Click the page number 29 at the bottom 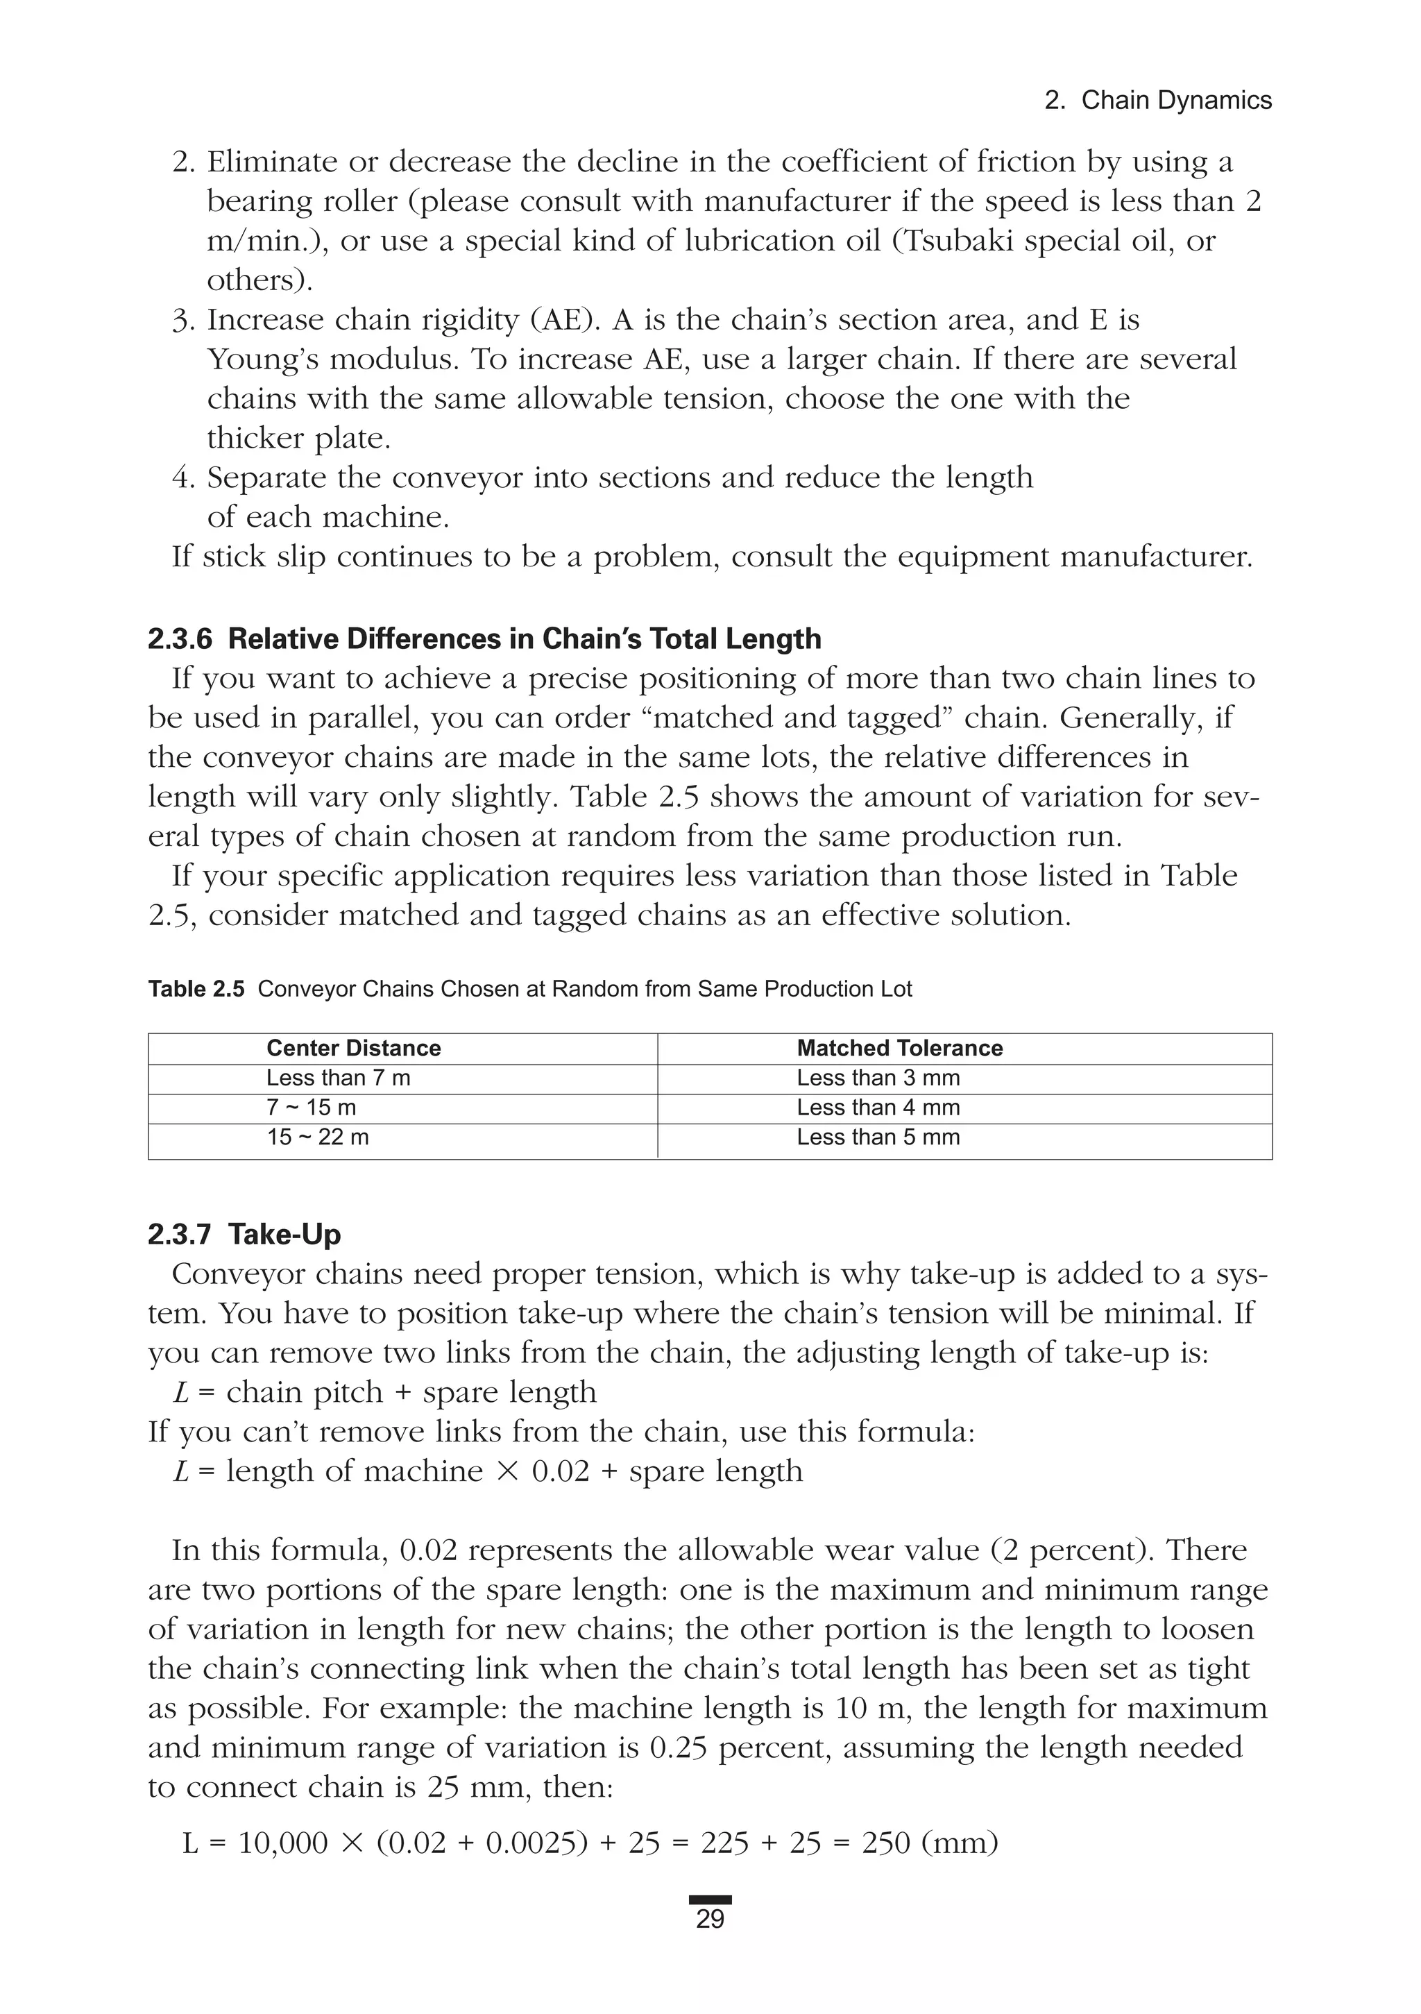coord(710,1918)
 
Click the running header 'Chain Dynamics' coord(1175,101)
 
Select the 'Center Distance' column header coord(353,1048)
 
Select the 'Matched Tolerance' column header coord(899,1048)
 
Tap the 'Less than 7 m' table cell coord(338,1078)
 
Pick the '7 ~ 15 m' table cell coord(311,1108)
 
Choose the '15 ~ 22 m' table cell coord(318,1137)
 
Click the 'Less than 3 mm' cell coord(878,1078)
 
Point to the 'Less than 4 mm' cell coord(878,1108)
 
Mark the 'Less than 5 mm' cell coord(878,1137)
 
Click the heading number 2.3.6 coord(180,638)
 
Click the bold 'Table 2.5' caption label coord(196,990)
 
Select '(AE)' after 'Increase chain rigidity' coord(565,320)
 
